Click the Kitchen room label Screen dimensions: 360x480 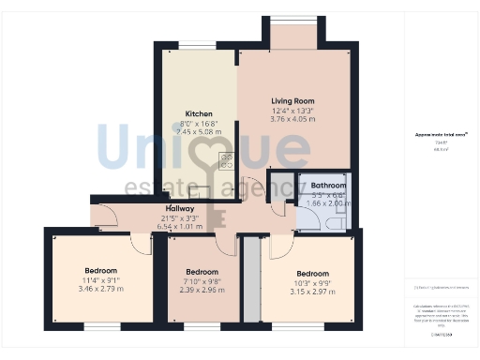198,113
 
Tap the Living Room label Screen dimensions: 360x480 292,100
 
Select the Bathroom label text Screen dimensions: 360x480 328,186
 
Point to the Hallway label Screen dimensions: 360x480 179,208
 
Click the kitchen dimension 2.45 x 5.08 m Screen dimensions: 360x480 198,132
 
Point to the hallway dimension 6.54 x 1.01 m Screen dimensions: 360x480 179,226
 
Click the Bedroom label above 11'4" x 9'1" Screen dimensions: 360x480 101,270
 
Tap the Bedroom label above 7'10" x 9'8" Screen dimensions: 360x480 202,271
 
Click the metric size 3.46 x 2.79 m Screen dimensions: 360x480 101,289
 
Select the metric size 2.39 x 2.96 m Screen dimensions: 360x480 202,290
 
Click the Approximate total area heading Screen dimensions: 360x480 439,134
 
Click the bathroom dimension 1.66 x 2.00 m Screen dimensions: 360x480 328,202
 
